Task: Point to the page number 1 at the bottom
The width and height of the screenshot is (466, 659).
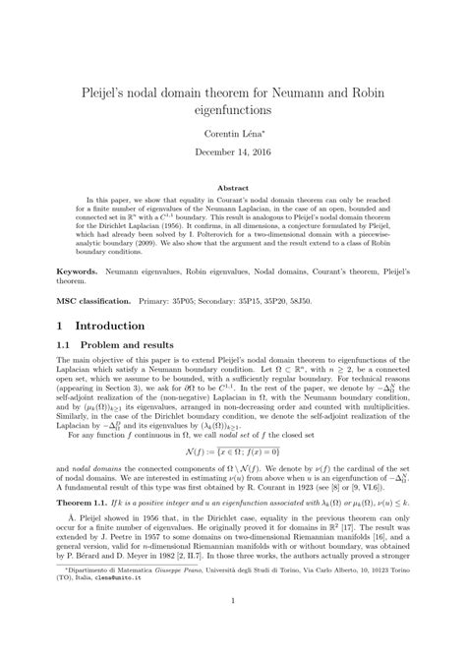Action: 233,629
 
